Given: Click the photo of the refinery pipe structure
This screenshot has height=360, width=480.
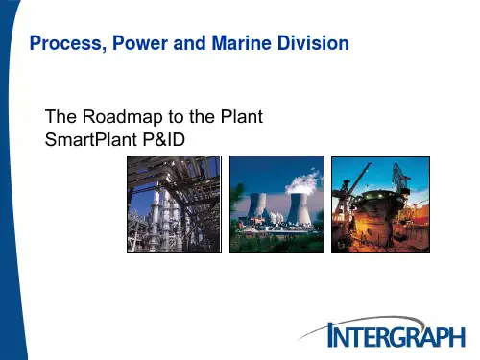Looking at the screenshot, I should pos(174,205).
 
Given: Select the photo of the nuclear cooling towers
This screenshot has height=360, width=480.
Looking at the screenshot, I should pos(276,205).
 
